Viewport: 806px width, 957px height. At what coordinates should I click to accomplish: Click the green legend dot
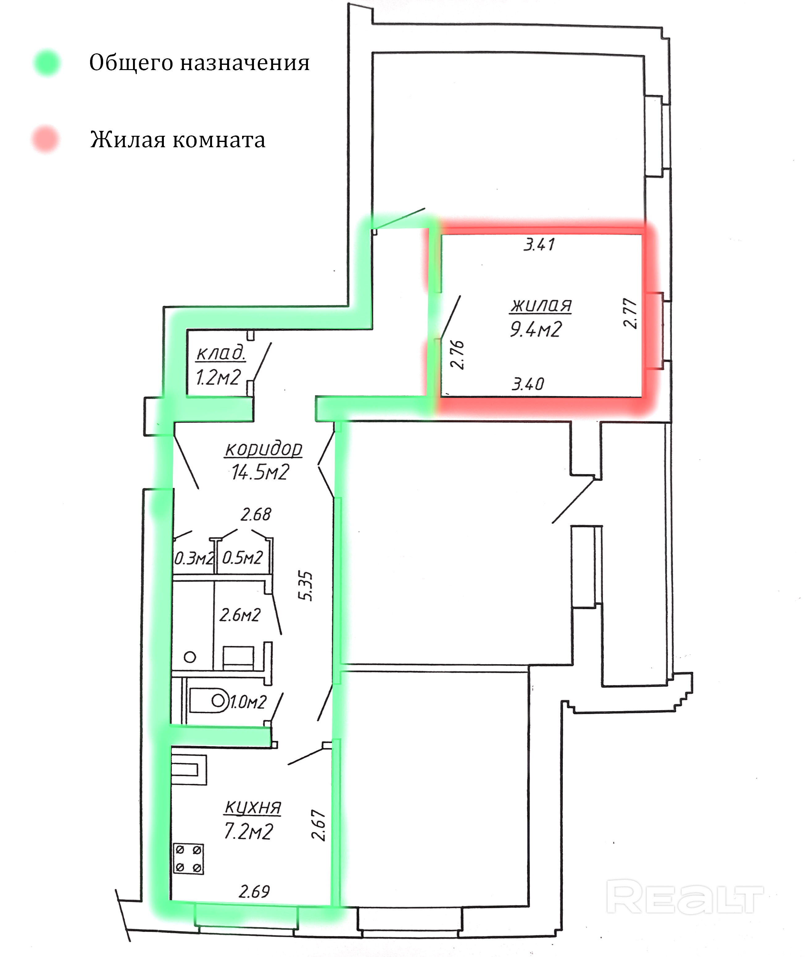tap(47, 63)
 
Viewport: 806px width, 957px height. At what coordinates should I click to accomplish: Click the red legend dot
tap(45, 139)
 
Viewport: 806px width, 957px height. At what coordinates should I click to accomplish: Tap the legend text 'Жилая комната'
tap(177, 139)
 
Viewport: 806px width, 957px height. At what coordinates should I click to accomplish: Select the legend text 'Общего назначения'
tap(199, 63)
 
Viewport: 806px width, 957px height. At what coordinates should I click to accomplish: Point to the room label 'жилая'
tap(541, 305)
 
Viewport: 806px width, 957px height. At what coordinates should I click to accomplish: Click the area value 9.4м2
tap(535, 329)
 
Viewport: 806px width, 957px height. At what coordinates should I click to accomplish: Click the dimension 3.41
tap(539, 245)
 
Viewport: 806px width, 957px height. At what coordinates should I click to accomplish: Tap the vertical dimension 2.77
tap(630, 314)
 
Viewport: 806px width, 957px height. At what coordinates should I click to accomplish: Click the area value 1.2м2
tap(218, 377)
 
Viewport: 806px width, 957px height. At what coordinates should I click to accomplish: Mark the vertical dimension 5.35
tap(306, 586)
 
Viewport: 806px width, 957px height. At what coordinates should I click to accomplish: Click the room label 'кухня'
tap(253, 808)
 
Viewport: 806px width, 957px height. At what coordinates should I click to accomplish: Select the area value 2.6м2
tap(240, 615)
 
